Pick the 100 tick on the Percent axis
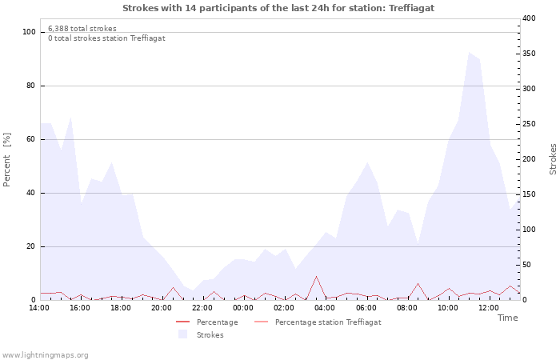pos(30,32)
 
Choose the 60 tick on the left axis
pos(31,139)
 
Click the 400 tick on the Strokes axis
pos(529,18)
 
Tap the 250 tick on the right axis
pos(529,124)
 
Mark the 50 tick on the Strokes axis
pos(527,265)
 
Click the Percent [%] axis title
pos(7,160)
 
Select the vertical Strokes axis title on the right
pos(553,159)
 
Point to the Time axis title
pos(507,318)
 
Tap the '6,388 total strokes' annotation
pos(82,29)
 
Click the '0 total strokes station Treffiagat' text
pos(106,38)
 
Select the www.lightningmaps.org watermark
pos(46,355)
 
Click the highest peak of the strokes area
pos(469,53)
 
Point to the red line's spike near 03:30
pos(316,277)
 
